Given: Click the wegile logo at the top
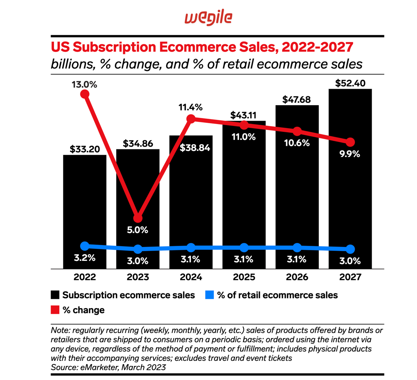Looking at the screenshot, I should (x=208, y=17).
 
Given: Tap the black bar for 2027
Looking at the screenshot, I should (x=350, y=189).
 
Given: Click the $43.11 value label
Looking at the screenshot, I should (x=244, y=115).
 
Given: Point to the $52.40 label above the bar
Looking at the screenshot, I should (x=350, y=83).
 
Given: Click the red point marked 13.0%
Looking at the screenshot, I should (x=85, y=94).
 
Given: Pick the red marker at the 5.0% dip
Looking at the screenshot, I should (x=138, y=219).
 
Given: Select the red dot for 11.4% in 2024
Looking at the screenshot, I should (x=191, y=119).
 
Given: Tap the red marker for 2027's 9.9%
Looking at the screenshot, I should (x=351, y=142).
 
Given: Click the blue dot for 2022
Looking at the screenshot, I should (x=85, y=246).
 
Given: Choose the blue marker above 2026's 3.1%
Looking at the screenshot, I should (x=297, y=248).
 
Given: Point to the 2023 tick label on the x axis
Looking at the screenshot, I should (x=138, y=277).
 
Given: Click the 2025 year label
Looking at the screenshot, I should (x=244, y=277).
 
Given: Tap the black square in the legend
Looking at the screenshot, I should (x=56, y=295).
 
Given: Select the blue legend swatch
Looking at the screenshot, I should (x=210, y=295).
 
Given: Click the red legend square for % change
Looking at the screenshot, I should (x=56, y=310).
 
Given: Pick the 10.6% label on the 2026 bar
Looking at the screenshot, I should (x=297, y=143).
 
